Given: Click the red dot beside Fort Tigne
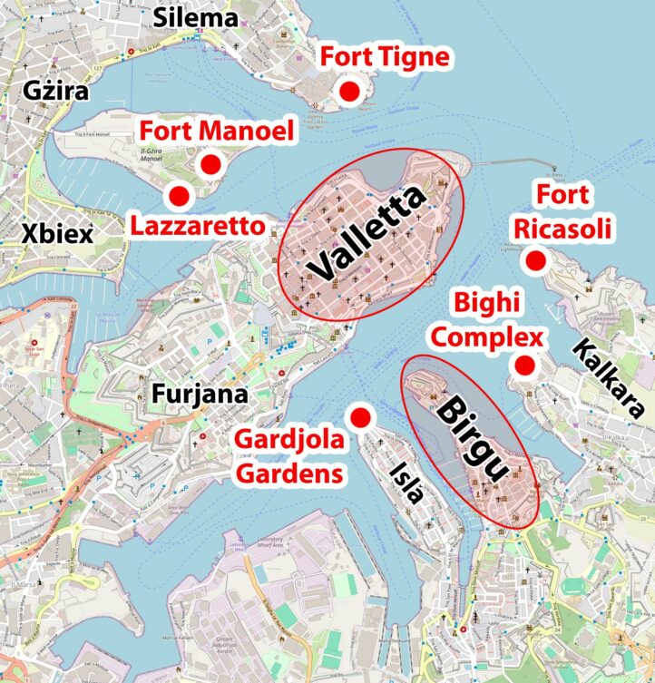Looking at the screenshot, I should point(348,91).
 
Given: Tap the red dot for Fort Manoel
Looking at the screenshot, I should point(211,164).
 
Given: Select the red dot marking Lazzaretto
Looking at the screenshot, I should point(179,195).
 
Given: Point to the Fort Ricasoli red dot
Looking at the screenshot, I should point(535,261).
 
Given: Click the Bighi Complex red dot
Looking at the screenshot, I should point(523,366).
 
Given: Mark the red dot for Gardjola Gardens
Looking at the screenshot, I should point(360,416).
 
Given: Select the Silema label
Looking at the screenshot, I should point(195,16).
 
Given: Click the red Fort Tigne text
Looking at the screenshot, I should point(384,57).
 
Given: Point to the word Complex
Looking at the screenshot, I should point(486,338).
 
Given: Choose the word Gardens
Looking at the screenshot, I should point(289,473).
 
